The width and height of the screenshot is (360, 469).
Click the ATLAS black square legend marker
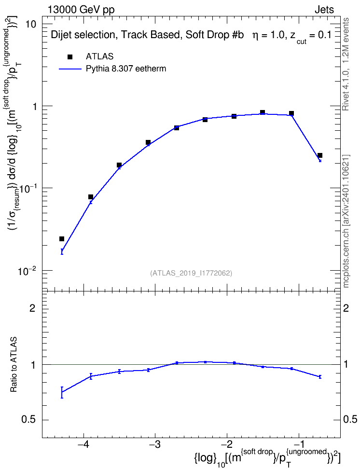pos(70,57)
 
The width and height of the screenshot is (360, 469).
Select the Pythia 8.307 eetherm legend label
pos(125,69)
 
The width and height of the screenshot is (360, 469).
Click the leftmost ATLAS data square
pos(62,239)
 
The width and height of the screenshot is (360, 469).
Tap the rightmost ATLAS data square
pos(320,155)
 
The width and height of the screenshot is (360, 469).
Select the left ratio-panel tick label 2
pos(32,308)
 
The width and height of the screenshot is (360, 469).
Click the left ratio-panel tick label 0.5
pos(29,420)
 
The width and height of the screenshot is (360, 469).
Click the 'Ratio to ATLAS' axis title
pos(14,365)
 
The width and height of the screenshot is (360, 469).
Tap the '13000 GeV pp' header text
pos(81,10)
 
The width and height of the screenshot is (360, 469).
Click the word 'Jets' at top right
pos(324,10)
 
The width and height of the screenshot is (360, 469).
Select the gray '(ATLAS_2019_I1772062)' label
pos(191,273)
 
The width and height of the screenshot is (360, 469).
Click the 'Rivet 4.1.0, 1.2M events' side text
pos(346,64)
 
